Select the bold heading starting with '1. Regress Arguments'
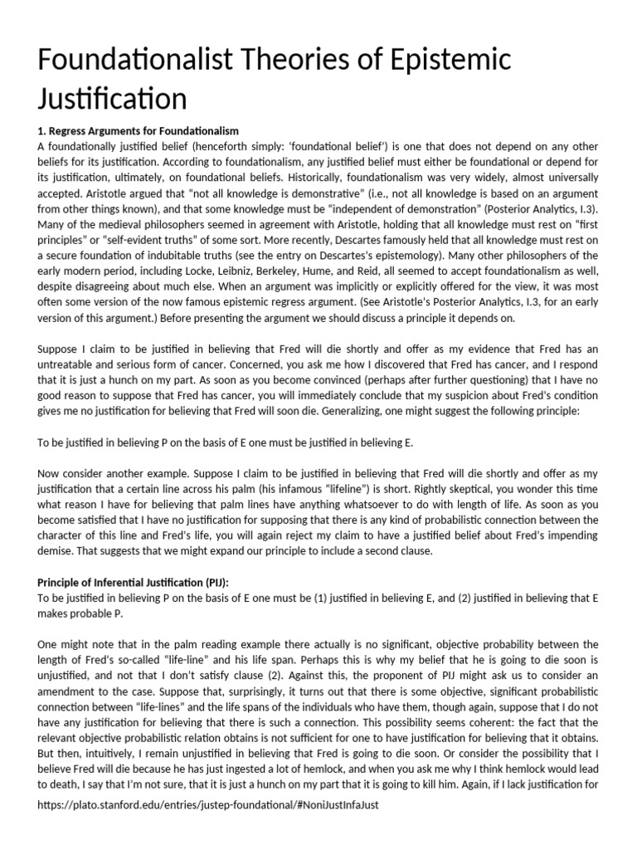pos(139,131)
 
